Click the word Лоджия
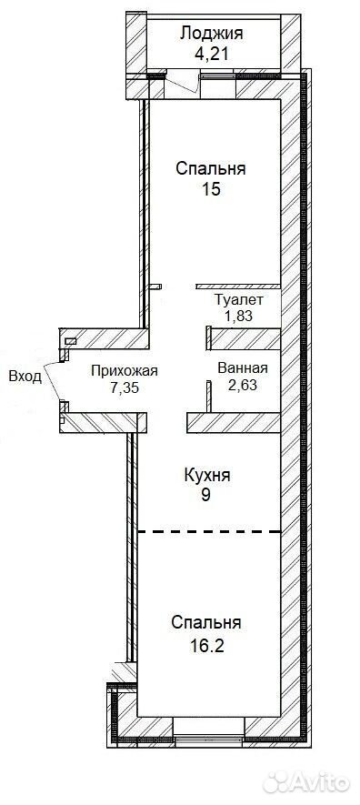click(x=211, y=34)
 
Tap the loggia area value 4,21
click(x=211, y=55)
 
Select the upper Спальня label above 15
click(x=211, y=168)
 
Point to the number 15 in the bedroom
click(x=211, y=189)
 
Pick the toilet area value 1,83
click(x=238, y=316)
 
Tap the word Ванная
click(x=243, y=368)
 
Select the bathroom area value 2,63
click(x=242, y=385)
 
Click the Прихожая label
click(x=125, y=371)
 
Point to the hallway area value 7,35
click(x=125, y=387)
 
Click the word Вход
click(x=25, y=377)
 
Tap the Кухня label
click(x=207, y=475)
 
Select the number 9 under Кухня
click(x=206, y=496)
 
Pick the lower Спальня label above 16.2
click(x=206, y=623)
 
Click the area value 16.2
click(x=206, y=644)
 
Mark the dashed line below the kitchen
click(x=209, y=532)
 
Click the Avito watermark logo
click(x=306, y=782)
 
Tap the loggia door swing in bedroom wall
click(x=183, y=85)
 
